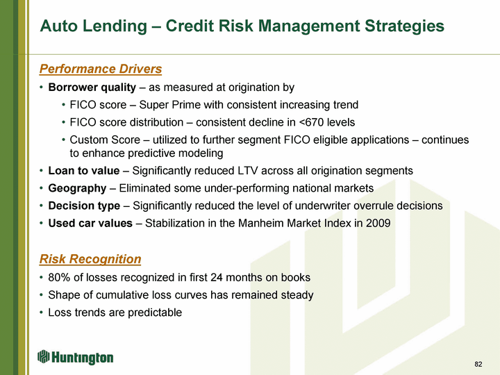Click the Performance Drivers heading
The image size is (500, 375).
coord(101,69)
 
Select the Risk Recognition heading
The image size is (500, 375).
coord(90,259)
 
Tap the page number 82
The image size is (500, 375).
coord(478,364)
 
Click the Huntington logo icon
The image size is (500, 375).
coord(43,356)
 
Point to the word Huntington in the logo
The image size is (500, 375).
coord(82,358)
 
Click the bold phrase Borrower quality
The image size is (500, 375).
coord(92,87)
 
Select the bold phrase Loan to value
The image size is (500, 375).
coord(84,171)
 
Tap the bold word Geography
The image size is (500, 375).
coord(77,188)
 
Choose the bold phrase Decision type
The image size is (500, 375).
coord(84,206)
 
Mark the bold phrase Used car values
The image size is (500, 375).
coord(90,223)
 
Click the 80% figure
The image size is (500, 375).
coord(59,277)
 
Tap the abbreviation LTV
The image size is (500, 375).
coord(248,171)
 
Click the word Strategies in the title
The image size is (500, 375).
coord(404,26)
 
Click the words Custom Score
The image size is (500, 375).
coord(105,140)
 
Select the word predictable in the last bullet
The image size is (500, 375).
coord(155,312)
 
